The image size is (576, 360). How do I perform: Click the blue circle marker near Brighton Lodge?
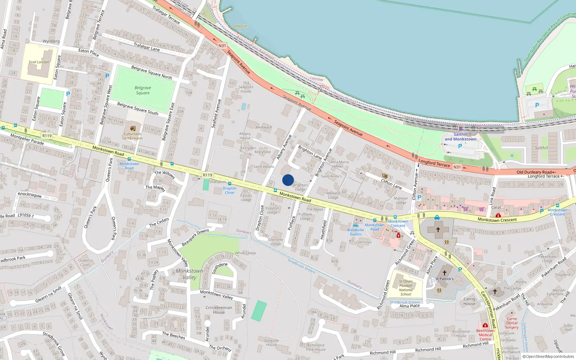coord(288,180)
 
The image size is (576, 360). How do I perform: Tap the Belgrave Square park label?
coord(143,90)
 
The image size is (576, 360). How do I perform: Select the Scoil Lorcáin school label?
coord(39,62)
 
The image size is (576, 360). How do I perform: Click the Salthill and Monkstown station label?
coord(460,137)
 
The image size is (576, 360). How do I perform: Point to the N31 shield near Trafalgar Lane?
coord(222,46)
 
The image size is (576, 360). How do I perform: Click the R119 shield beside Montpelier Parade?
coord(47,136)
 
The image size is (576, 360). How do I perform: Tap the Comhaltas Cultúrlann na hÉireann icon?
coord(133,129)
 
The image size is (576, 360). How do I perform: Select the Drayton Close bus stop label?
coord(229,190)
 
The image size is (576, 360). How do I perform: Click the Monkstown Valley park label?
coord(189,274)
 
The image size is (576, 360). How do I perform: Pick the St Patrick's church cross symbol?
coord(445,273)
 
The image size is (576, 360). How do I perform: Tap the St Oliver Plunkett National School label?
coord(406,288)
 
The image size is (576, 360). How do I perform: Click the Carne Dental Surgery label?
coord(512,323)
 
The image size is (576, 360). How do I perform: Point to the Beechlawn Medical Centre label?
coord(485,335)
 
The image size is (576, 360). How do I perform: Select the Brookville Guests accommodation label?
coord(356,232)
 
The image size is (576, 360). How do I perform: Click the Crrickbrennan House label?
coord(219,310)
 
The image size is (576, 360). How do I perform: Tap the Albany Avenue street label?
coord(284,147)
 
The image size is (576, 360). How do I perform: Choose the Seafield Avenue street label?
coord(216,113)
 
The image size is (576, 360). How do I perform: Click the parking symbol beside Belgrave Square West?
coord(107,76)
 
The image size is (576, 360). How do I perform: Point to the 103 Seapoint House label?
coord(246,87)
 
